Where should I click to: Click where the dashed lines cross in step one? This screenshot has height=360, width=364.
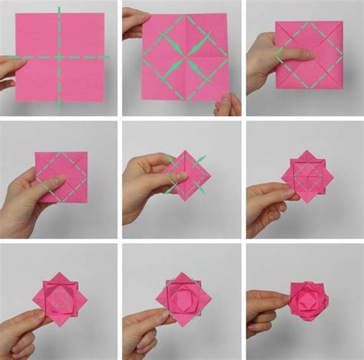tap(59, 57)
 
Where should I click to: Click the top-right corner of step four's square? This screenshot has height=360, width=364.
tap(87, 152)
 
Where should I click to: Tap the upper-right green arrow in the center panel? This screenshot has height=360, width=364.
tap(202, 159)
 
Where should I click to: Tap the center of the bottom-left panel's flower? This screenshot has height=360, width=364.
tap(60, 297)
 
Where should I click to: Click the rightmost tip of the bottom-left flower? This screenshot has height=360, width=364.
tap(87, 298)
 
